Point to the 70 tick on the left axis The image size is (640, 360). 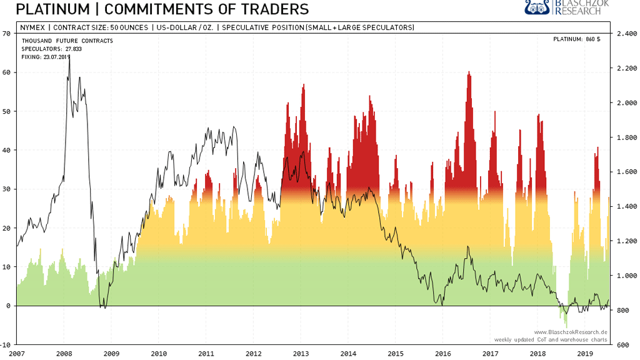[6, 34]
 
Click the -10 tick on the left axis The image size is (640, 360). [6, 344]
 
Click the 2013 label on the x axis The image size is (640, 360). [301, 353]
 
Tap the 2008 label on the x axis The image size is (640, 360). [64, 353]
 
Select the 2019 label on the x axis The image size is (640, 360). [584, 353]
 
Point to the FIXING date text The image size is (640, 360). [46, 57]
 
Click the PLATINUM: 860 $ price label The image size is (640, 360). [576, 39]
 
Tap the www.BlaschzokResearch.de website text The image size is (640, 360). [571, 332]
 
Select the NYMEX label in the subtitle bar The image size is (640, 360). [32, 27]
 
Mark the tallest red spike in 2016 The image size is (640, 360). [469, 74]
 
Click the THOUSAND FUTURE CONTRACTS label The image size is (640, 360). [67, 41]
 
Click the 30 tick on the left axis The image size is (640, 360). [6, 189]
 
